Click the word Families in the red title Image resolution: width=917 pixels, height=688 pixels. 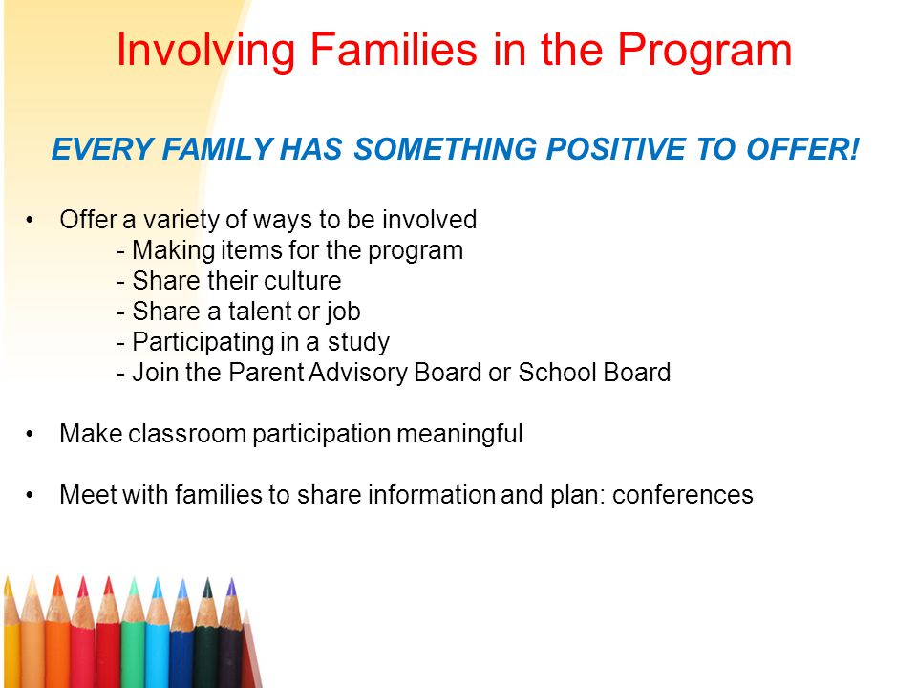click(x=394, y=50)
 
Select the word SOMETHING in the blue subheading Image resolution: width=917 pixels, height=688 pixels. click(x=445, y=149)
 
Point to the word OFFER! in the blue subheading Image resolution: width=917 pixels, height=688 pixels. click(x=803, y=149)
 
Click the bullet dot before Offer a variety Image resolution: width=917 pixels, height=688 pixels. click(x=30, y=221)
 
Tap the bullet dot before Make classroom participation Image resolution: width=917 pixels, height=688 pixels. click(x=30, y=435)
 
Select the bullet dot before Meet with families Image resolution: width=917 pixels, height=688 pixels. click(x=30, y=496)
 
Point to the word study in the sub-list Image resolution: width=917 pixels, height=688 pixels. click(x=358, y=343)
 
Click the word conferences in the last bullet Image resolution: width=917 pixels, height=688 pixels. click(x=682, y=495)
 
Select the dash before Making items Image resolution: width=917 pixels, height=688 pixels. click(x=121, y=252)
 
